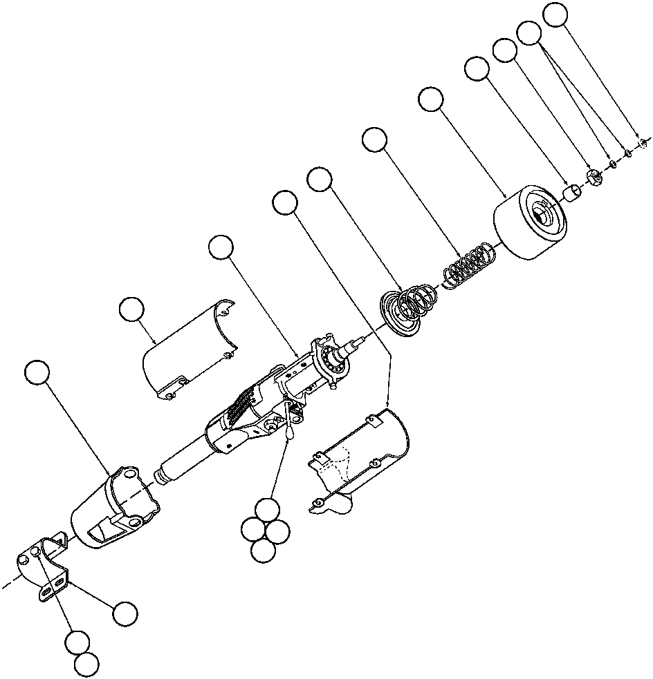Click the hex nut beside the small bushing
pos(594,177)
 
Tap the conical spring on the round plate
pos(411,306)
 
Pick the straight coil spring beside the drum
pos(468,266)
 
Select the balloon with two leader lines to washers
pos(530,32)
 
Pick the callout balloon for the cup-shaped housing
pos(37,373)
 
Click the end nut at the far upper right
pos(642,143)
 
